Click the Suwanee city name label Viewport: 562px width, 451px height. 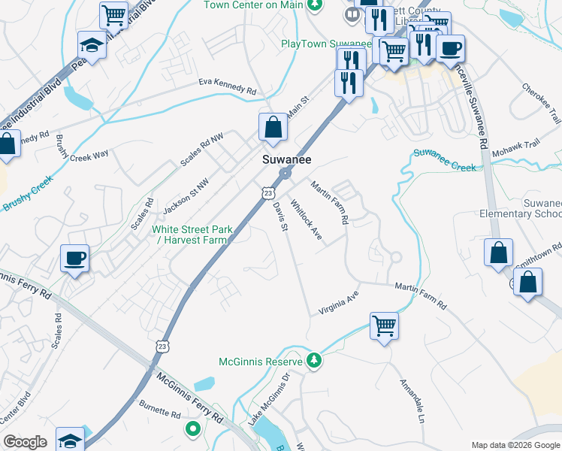click(x=287, y=160)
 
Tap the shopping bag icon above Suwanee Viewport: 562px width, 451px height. click(x=273, y=128)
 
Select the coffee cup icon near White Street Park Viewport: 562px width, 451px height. click(x=75, y=258)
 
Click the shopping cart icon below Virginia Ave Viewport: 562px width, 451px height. click(x=384, y=326)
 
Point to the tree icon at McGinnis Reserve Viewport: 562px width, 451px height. click(x=315, y=362)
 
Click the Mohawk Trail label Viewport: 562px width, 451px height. click(x=516, y=148)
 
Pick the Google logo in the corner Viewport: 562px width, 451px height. click(x=25, y=442)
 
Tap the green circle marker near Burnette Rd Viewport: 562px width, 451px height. click(x=193, y=430)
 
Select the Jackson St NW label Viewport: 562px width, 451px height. click(x=186, y=192)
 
